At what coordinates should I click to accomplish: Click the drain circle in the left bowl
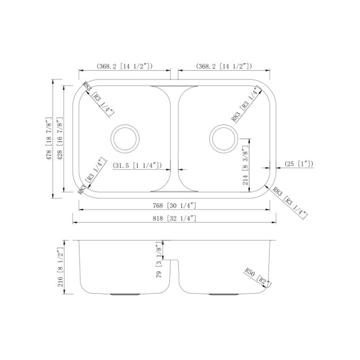tap(125, 137)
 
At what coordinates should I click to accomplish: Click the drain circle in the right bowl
tap(224, 137)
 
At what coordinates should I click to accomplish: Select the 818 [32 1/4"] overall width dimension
tap(174, 218)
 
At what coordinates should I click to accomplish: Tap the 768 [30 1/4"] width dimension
tap(174, 206)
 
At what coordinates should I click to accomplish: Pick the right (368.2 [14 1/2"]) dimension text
tap(224, 67)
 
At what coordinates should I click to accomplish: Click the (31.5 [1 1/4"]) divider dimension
tap(137, 165)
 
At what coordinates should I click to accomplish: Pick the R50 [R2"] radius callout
tap(257, 277)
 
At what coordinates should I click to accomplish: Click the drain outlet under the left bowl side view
tap(124, 294)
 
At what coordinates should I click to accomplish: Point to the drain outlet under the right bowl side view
tap(222, 294)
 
